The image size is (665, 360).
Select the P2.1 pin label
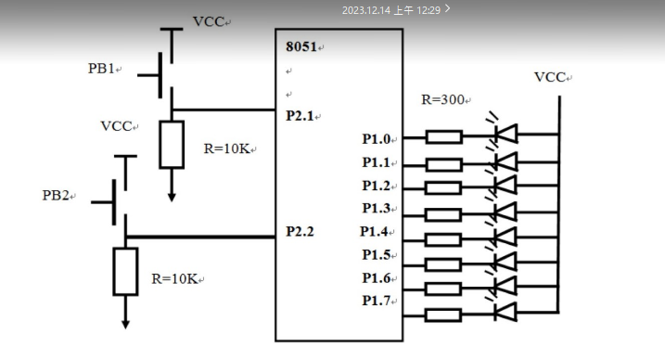pyautogui.click(x=302, y=116)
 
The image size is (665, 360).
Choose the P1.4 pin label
pyautogui.click(x=378, y=232)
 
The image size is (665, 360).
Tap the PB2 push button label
pyautogui.click(x=58, y=196)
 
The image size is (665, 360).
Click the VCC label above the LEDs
pyautogui.click(x=551, y=77)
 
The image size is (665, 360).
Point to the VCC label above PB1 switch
pyautogui.click(x=209, y=21)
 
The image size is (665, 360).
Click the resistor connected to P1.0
pyautogui.click(x=443, y=137)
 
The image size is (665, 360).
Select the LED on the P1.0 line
pyautogui.click(x=505, y=135)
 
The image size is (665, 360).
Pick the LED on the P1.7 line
pyautogui.click(x=505, y=311)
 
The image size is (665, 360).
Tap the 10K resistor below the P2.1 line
pyautogui.click(x=172, y=145)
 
